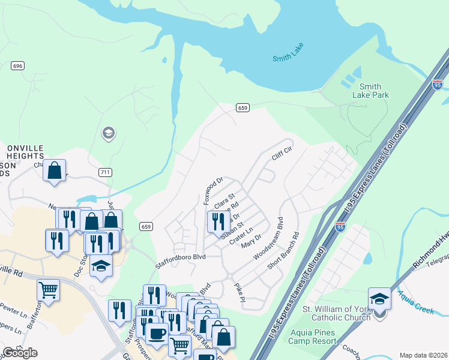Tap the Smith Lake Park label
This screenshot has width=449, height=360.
tap(374, 91)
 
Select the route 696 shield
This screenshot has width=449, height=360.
tap(17, 65)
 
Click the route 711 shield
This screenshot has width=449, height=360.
tap(105, 172)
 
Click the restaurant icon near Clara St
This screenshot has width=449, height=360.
tap(218, 221)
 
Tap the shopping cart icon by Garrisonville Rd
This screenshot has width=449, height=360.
tap(49, 290)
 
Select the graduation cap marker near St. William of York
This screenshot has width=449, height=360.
tap(379, 299)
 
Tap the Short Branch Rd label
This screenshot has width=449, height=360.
tap(284, 251)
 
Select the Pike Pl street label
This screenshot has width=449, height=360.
tap(240, 292)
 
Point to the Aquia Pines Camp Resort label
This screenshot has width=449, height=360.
tap(313, 337)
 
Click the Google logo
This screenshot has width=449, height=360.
tap(20, 353)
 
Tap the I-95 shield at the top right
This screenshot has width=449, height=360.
tap(438, 85)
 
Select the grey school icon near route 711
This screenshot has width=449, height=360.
tap(109, 133)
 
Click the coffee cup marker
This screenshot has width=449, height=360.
tap(157, 334)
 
